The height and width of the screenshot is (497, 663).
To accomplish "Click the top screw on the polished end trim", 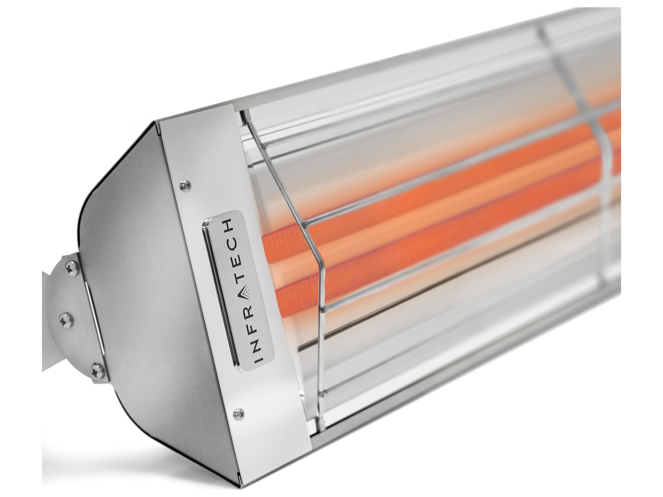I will [182, 186].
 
